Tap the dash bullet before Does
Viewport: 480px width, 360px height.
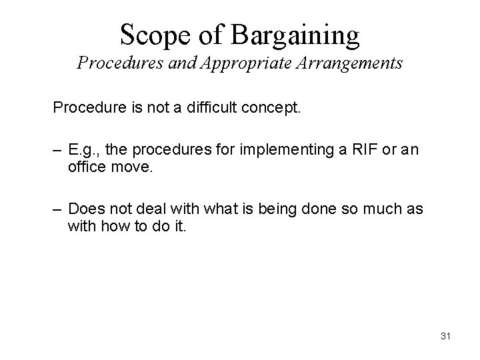click(58, 210)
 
